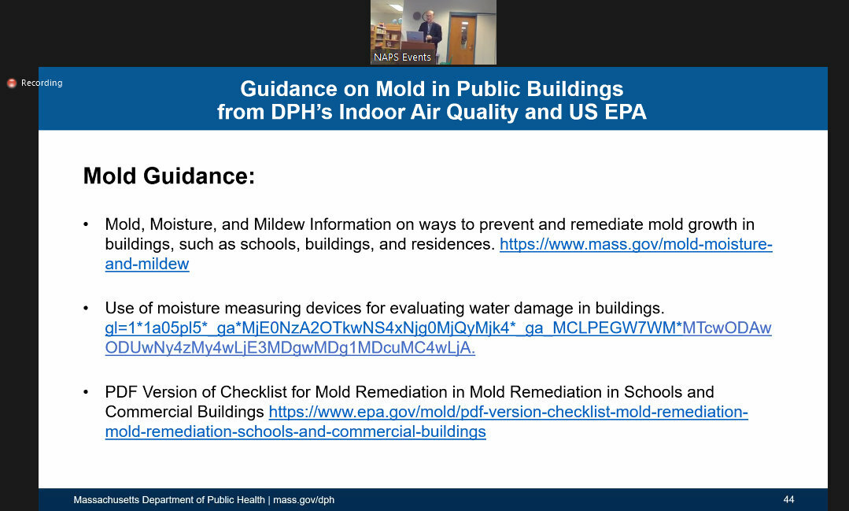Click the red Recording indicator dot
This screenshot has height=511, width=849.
[12, 83]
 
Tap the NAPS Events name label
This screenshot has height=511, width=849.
[402, 57]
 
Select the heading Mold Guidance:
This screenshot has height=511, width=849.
[169, 176]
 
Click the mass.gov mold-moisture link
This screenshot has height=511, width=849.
[636, 245]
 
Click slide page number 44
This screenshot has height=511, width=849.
[788, 500]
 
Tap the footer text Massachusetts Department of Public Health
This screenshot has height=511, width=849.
[170, 500]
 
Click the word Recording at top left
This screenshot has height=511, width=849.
[42, 83]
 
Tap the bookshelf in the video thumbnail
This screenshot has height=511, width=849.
[386, 36]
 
